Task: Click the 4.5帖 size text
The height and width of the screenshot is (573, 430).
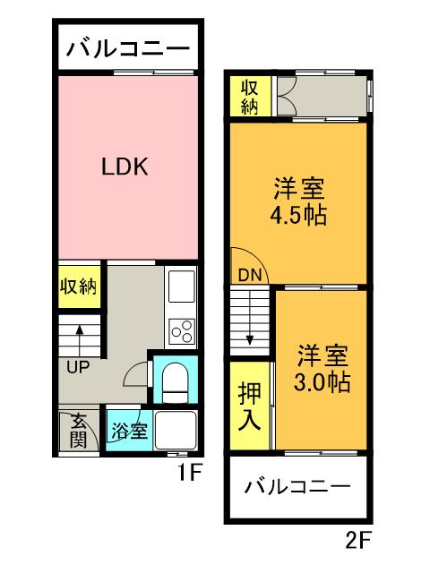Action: pyautogui.click(x=298, y=215)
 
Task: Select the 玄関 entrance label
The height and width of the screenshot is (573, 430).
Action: pyautogui.click(x=79, y=431)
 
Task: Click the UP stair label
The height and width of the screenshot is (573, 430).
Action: pyautogui.click(x=79, y=366)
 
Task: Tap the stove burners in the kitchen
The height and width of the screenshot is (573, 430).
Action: pyautogui.click(x=182, y=330)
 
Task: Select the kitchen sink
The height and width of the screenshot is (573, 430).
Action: pyautogui.click(x=182, y=288)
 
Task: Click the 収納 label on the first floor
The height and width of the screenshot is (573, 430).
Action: pyautogui.click(x=79, y=286)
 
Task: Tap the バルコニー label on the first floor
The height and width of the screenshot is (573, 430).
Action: pyautogui.click(x=127, y=47)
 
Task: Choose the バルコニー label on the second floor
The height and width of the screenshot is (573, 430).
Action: pyautogui.click(x=297, y=488)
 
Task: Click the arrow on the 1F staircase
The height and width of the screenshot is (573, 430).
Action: pyautogui.click(x=80, y=338)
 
